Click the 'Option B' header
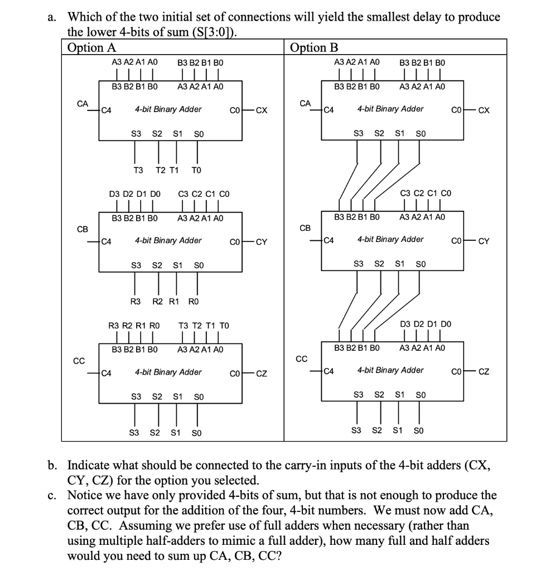point(314,47)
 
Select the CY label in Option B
point(484,241)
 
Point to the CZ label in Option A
point(261,373)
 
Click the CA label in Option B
point(305,103)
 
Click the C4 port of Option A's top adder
point(106,110)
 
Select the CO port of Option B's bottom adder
point(457,371)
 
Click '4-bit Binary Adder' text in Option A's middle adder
point(168,241)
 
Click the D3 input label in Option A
point(114,194)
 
